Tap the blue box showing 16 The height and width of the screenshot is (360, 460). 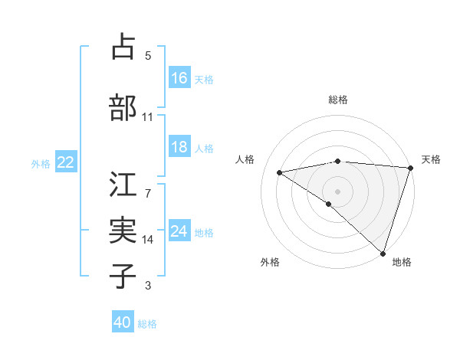(x=179, y=78)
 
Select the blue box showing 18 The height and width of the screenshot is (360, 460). (x=179, y=147)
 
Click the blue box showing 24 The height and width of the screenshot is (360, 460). (x=179, y=231)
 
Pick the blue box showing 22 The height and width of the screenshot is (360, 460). (x=65, y=162)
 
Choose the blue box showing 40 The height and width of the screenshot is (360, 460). (x=123, y=323)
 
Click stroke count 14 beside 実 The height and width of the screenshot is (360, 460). (x=148, y=239)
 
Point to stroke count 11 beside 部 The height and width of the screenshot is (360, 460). (x=148, y=117)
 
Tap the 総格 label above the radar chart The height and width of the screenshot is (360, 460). (x=337, y=100)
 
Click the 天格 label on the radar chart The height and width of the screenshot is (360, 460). (x=431, y=159)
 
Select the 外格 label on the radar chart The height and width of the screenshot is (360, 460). (x=270, y=263)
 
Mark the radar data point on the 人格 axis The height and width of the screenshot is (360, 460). (x=279, y=172)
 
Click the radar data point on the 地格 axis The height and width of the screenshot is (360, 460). (x=383, y=252)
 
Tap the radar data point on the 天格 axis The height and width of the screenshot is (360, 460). (x=410, y=168)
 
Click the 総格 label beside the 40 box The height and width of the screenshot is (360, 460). (x=147, y=324)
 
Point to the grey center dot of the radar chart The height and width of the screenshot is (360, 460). (x=337, y=191)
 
